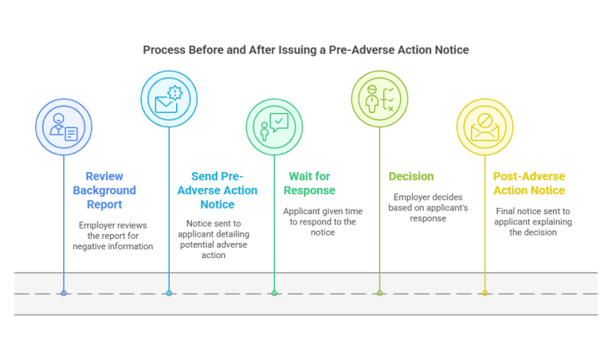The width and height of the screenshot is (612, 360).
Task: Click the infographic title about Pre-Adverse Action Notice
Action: coord(306,49)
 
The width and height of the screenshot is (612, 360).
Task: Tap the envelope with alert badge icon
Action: coord(169,99)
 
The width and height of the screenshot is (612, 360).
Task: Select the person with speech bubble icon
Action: coord(274,127)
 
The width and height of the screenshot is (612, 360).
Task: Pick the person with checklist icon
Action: coord(379,99)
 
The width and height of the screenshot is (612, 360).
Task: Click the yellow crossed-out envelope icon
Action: coord(484,127)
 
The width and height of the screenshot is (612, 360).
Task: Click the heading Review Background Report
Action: coord(104,190)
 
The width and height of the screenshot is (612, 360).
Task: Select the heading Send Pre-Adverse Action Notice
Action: coord(217,190)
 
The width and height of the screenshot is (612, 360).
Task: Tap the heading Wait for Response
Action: coord(309,183)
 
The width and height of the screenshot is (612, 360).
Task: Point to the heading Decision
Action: coord(411,176)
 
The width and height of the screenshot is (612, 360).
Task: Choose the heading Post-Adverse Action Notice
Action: coord(529,183)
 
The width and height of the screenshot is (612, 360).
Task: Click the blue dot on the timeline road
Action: coord(64,293)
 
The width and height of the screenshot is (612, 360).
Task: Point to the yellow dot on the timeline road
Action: coord(484,293)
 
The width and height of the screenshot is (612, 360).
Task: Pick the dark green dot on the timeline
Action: coord(274,293)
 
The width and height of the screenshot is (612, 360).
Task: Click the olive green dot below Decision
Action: coord(379,293)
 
